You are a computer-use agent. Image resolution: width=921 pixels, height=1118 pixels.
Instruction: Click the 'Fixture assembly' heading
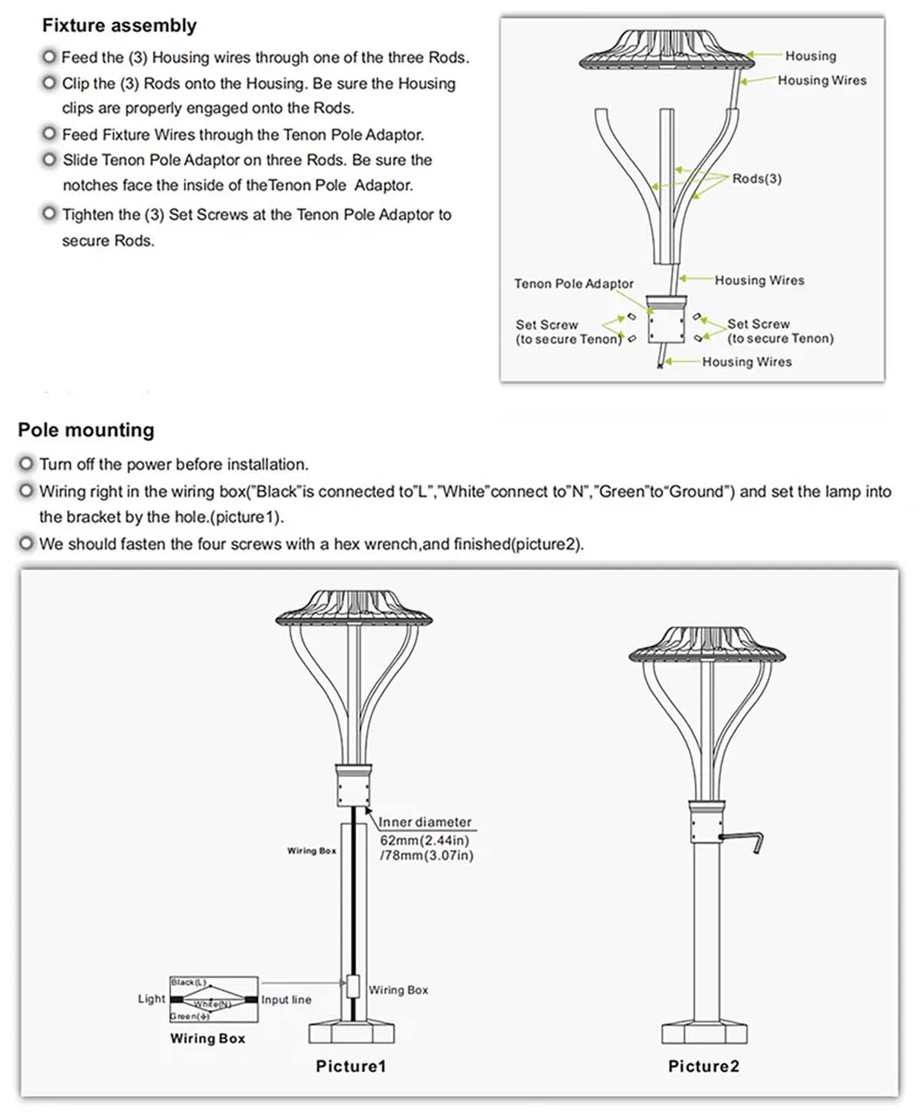click(119, 26)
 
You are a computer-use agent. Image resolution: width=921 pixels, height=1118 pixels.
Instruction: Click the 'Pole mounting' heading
click(86, 430)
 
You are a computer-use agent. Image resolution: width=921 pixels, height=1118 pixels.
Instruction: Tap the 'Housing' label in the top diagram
click(810, 57)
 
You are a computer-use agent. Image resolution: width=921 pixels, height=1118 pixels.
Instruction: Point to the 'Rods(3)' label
click(756, 179)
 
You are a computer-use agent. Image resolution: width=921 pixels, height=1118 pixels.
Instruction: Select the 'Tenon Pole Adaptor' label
click(573, 284)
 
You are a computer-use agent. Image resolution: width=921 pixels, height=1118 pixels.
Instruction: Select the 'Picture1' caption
click(350, 1067)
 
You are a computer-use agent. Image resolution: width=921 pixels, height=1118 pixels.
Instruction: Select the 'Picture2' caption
click(703, 1067)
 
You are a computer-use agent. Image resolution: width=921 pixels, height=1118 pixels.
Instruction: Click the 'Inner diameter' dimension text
click(425, 822)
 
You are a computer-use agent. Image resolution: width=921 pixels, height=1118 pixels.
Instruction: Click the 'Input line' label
click(286, 1000)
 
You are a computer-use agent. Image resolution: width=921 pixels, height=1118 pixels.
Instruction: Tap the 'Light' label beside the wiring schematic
click(151, 999)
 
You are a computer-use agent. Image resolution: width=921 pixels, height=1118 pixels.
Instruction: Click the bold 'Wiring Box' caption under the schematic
click(208, 1039)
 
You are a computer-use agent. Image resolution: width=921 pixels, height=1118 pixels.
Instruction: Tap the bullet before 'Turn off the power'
click(27, 465)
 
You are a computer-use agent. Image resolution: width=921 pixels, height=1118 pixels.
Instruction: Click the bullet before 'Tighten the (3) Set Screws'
click(50, 215)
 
